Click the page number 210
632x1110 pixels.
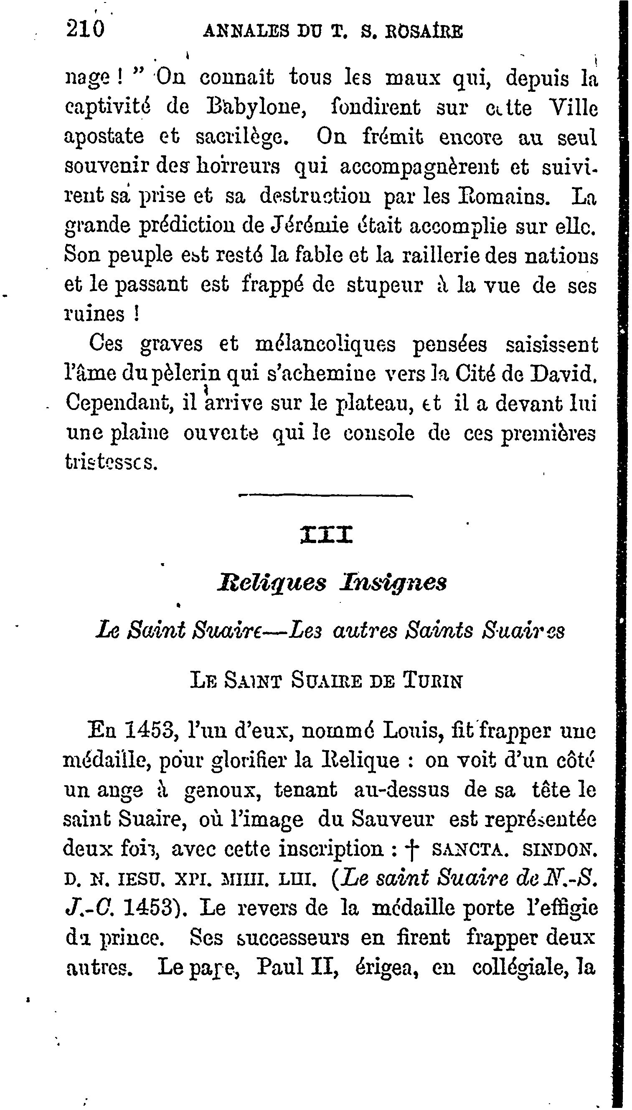85,30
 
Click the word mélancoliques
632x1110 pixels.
325,344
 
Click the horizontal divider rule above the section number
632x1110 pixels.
325,496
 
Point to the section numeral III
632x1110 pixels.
326,535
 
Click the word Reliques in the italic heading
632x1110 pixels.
278,582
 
